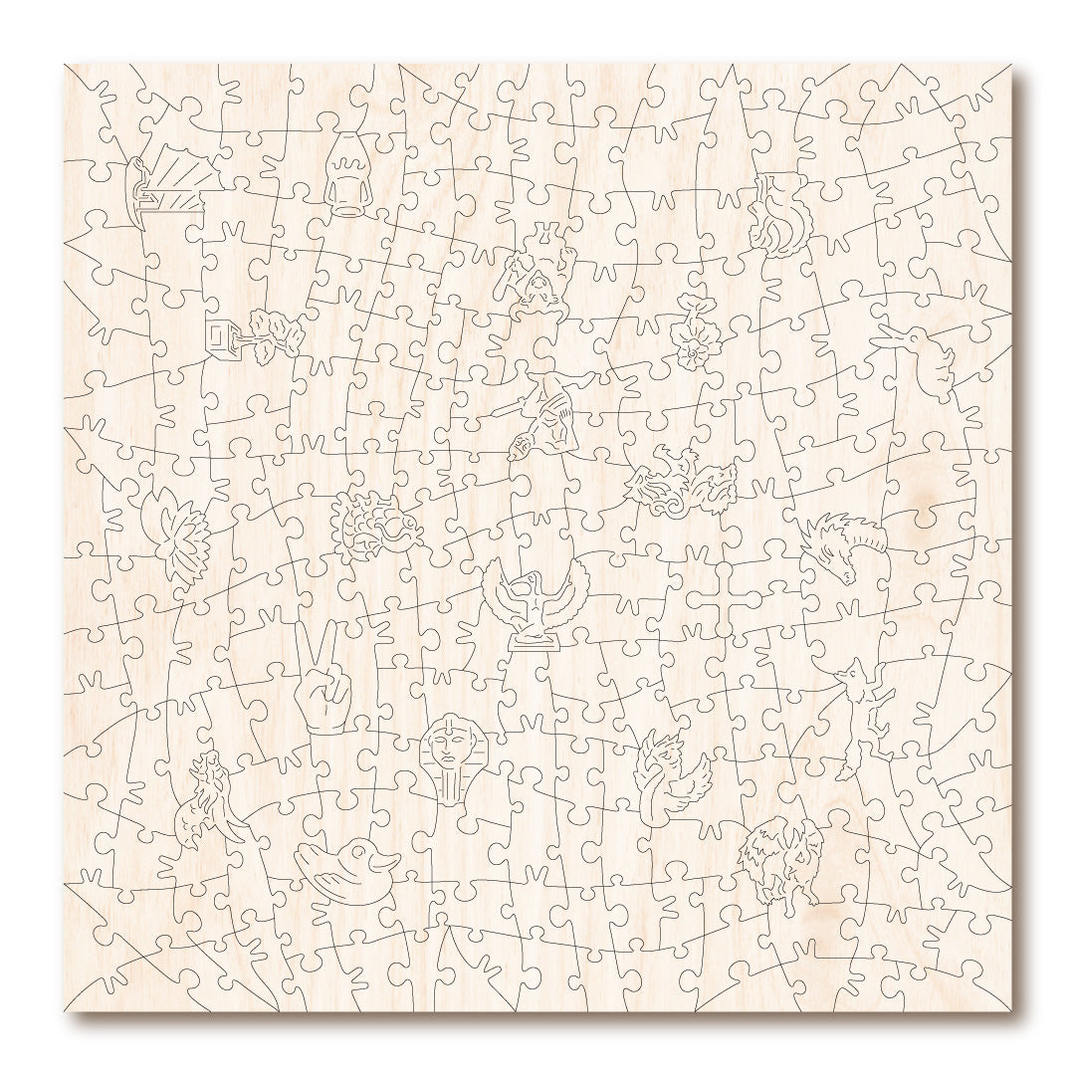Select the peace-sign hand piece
[x=321, y=687]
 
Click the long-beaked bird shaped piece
[x=921, y=363]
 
